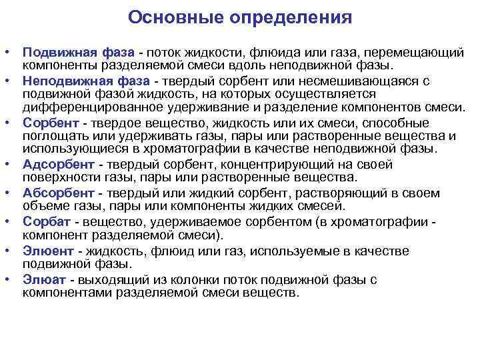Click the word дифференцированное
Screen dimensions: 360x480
point(80,107)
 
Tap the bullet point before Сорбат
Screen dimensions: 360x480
point(7,221)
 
